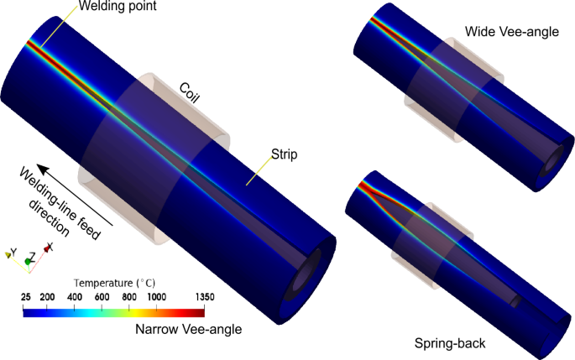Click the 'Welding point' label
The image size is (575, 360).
point(118,6)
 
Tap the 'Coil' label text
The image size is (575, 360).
point(190,93)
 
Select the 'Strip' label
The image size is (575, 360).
point(285,154)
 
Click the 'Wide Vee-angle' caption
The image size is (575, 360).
point(512,32)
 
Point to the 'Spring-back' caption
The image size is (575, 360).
point(450,343)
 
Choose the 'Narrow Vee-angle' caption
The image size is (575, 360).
point(189,329)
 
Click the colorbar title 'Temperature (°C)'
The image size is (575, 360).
point(114,283)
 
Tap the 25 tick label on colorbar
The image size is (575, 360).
point(26,297)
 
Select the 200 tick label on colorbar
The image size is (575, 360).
point(47,297)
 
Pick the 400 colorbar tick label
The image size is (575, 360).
point(75,297)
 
